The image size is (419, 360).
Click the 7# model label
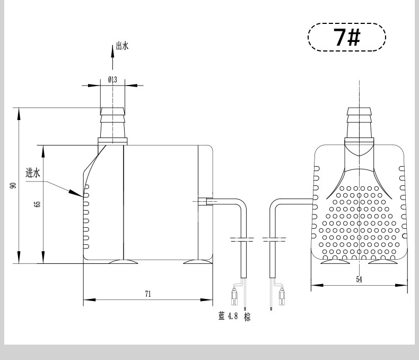pyautogui.click(x=347, y=37)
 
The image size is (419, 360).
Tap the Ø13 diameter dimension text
pyautogui.click(x=112, y=80)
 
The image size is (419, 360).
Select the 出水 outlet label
pyautogui.click(x=122, y=46)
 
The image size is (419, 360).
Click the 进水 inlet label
pyautogui.click(x=33, y=173)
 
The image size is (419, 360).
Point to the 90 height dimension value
pyautogui.click(x=13, y=185)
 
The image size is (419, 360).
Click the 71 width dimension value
pyautogui.click(x=148, y=294)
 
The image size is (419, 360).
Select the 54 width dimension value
pyautogui.click(x=359, y=279)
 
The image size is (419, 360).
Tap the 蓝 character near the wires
pyautogui.click(x=222, y=316)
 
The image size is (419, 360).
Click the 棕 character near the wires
pyautogui.click(x=248, y=317)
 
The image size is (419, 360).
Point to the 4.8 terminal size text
pyautogui.click(x=232, y=316)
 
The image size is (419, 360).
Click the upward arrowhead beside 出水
pyautogui.click(x=112, y=52)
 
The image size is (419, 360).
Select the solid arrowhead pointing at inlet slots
pyautogui.click(x=76, y=193)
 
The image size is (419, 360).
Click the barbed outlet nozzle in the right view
pyautogui.click(x=359, y=123)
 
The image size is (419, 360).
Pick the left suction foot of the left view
pyautogui.click(x=123, y=262)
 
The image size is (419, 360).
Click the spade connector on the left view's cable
pyautogui.click(x=234, y=297)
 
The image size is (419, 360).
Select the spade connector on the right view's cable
pyautogui.click(x=282, y=297)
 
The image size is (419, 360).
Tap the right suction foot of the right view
pyautogui.click(x=383, y=261)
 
